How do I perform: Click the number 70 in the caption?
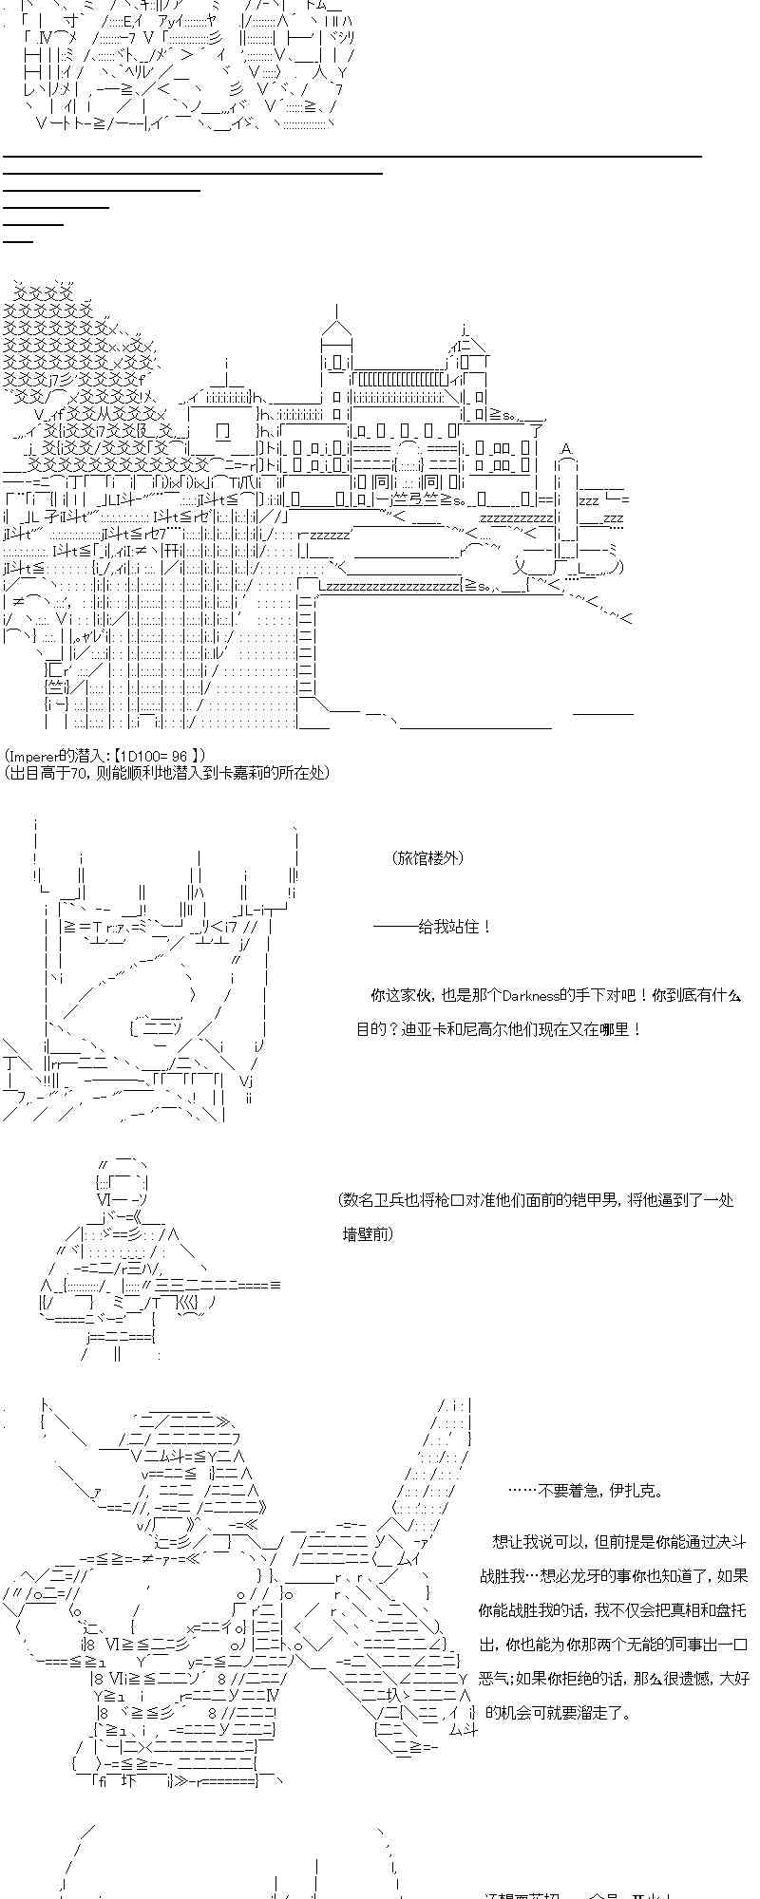tap(79, 773)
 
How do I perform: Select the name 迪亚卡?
tap(424, 1029)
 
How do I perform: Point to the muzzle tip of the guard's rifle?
tap(277, 1285)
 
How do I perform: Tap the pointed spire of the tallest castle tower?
tap(335, 309)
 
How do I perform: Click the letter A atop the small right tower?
tap(566, 449)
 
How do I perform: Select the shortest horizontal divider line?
tap(18, 241)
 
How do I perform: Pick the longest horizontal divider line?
tap(351, 156)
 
